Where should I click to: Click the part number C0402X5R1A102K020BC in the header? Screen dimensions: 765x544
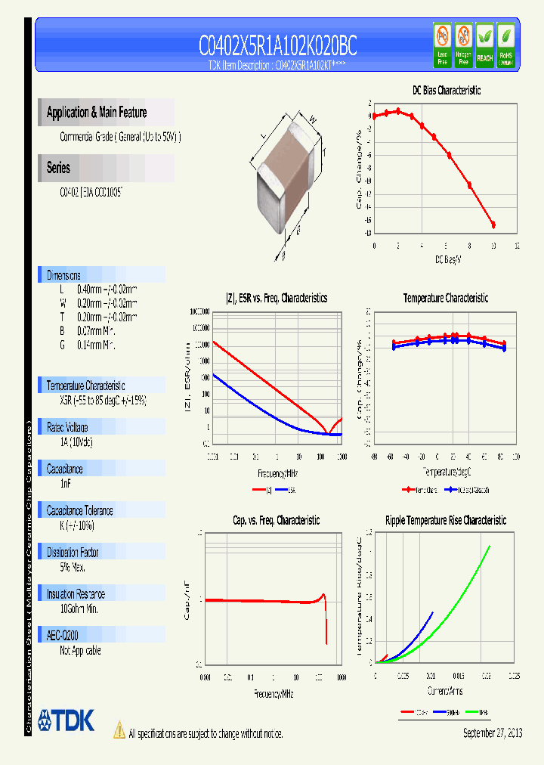click(277, 47)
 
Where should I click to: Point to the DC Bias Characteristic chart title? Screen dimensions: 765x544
click(446, 90)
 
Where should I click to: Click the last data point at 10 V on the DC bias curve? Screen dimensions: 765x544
click(493, 225)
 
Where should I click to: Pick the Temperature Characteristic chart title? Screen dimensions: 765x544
click(445, 299)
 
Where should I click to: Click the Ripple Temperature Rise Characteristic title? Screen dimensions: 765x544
click(445, 521)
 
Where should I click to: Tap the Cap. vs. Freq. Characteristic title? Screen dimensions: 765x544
click(275, 521)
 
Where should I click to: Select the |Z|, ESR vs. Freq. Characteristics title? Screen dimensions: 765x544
click(277, 299)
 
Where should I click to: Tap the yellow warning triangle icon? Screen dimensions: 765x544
click(119, 730)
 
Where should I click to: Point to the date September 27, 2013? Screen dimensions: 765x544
click(492, 733)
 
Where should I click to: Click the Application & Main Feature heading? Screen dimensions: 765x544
click(97, 113)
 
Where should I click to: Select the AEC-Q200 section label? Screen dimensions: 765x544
click(63, 636)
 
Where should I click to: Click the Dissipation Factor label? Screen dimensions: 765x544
click(73, 553)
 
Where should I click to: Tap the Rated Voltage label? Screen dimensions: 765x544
click(67, 427)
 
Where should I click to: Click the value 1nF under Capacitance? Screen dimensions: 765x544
click(65, 482)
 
